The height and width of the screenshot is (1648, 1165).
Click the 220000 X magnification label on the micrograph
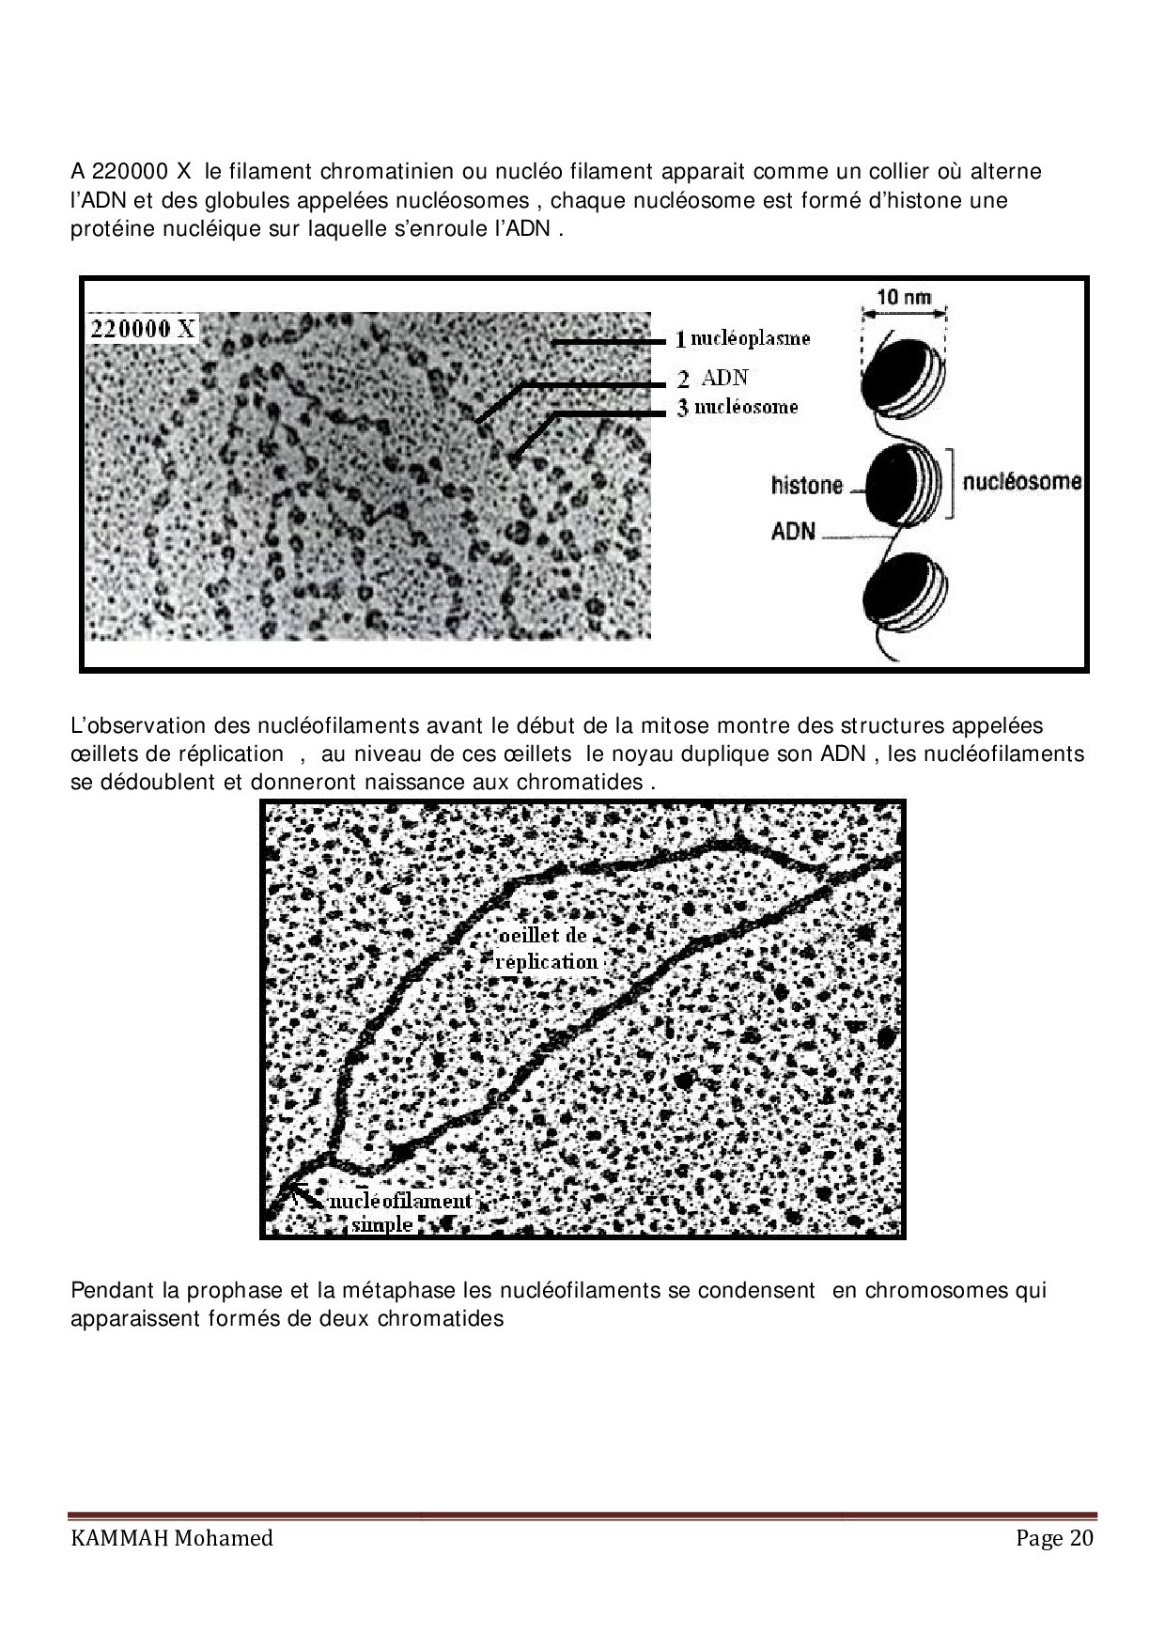coord(143,328)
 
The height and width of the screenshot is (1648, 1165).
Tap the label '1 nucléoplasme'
coord(743,338)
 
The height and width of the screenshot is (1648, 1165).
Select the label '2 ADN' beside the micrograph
coord(714,378)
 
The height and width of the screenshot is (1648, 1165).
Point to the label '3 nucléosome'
coord(738,407)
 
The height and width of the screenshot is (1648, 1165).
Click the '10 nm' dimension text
coord(903,297)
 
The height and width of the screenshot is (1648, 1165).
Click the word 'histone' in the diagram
coord(807,486)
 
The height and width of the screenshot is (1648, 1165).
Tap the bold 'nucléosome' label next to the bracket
coord(1022,482)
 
